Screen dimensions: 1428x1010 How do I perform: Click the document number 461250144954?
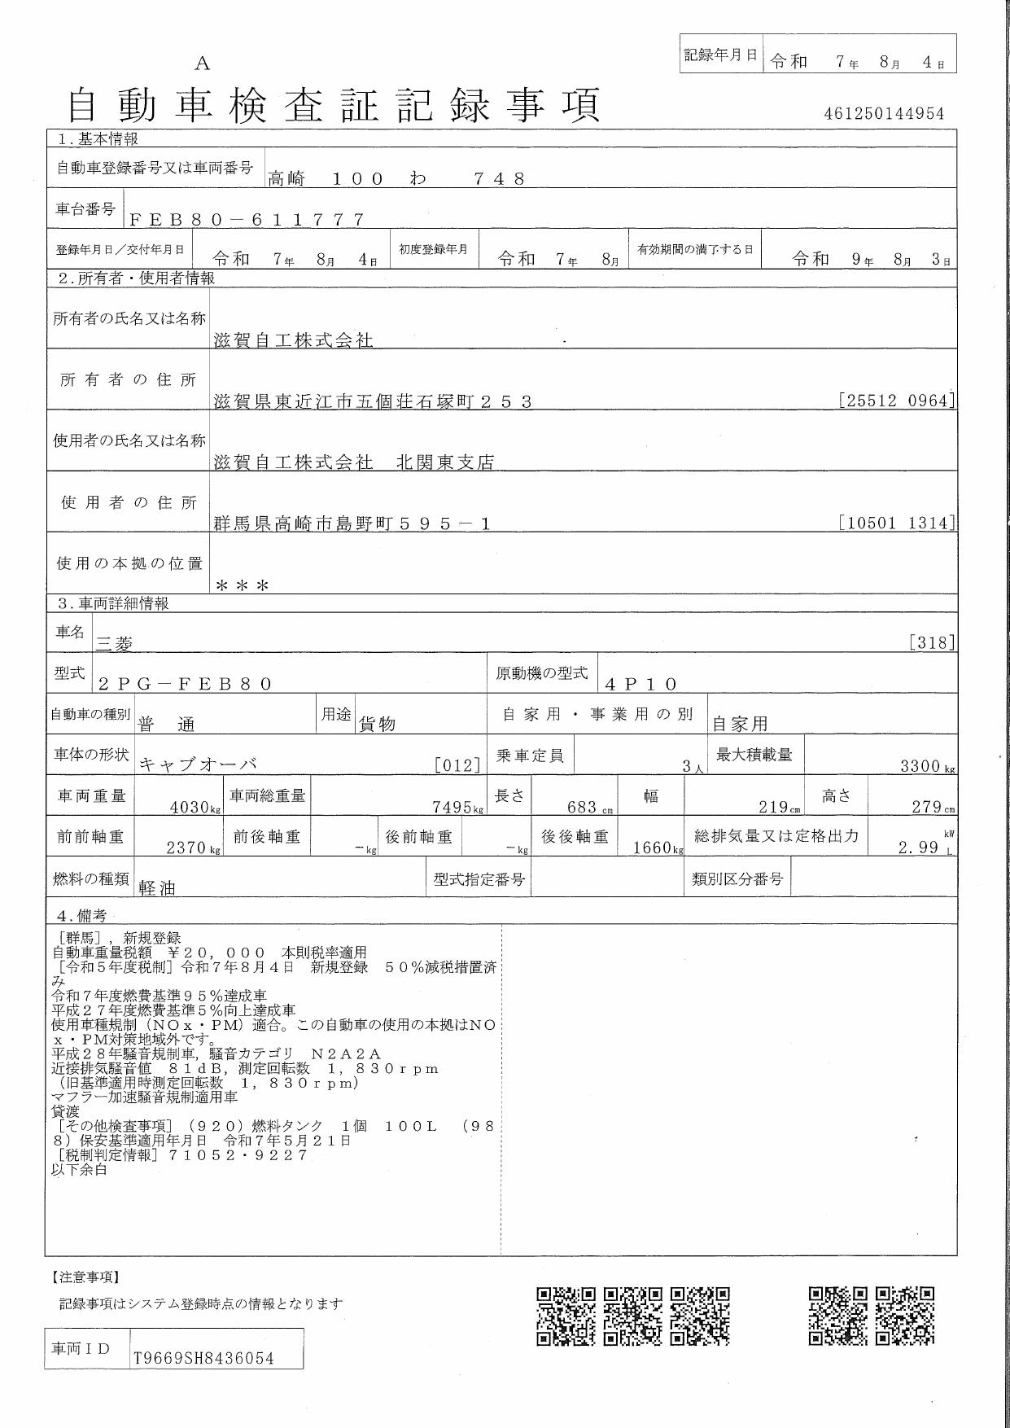point(884,114)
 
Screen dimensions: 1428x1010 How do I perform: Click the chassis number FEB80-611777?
point(246,219)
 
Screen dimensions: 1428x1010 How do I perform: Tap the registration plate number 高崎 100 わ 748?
point(396,178)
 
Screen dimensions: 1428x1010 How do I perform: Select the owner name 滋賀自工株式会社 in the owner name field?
point(293,340)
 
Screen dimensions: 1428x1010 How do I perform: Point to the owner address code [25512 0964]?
point(896,401)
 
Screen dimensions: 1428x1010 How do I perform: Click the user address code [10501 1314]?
point(896,523)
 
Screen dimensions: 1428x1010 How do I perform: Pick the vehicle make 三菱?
point(115,643)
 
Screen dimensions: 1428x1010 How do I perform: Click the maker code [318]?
point(932,642)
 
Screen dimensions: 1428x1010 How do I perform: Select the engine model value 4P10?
point(641,684)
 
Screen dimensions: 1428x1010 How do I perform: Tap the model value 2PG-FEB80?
point(185,684)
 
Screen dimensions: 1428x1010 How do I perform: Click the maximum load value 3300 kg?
point(926,766)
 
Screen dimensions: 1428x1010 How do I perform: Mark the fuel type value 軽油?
point(157,887)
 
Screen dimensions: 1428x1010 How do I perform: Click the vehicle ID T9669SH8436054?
point(203,1358)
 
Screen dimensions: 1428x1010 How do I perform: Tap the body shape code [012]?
point(457,764)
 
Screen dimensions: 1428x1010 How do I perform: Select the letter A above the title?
point(203,64)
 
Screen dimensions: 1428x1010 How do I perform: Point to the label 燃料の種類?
point(90,878)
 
